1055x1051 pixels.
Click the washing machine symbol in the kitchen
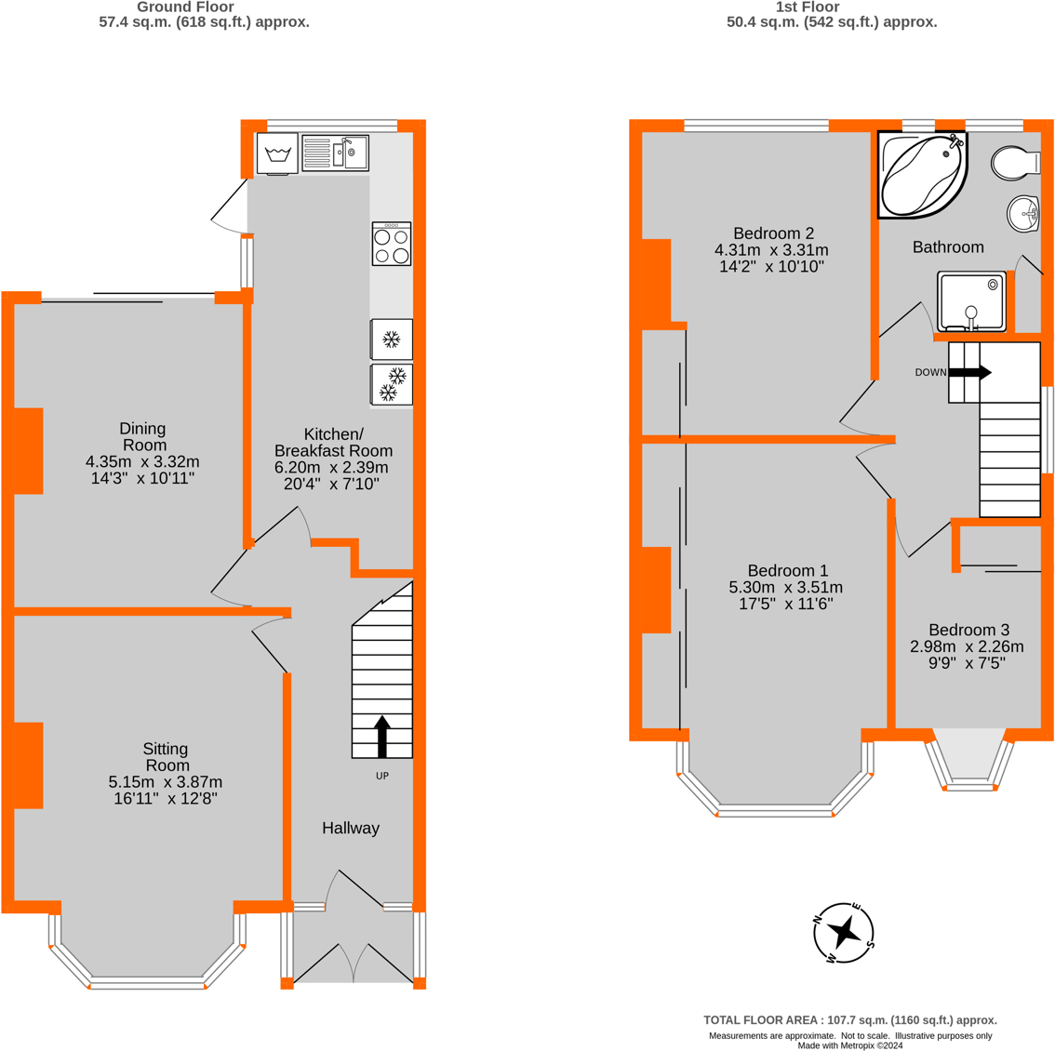coord(276,153)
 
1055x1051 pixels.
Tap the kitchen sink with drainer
coord(335,153)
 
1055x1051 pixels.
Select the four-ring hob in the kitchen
coord(392,245)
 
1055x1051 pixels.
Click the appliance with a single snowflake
coord(392,339)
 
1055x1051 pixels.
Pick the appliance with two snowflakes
coord(392,384)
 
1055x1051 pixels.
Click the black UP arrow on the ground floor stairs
coord(382,737)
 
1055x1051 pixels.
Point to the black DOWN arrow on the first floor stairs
coord(969,372)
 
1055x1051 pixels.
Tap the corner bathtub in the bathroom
coord(923,175)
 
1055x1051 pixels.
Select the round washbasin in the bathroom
coord(1023,213)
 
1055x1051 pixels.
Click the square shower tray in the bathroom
coord(971,301)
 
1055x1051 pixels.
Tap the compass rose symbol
coord(844,933)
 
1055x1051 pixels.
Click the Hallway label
coord(351,829)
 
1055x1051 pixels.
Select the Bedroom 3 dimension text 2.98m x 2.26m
coord(967,646)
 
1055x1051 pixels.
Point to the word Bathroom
coord(948,246)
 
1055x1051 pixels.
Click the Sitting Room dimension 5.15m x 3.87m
coord(166,782)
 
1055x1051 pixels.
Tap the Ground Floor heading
coord(186,7)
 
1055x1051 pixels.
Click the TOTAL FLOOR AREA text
coord(850,1020)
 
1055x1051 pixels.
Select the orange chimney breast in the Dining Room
coord(28,451)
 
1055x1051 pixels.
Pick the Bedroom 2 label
coord(774,233)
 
